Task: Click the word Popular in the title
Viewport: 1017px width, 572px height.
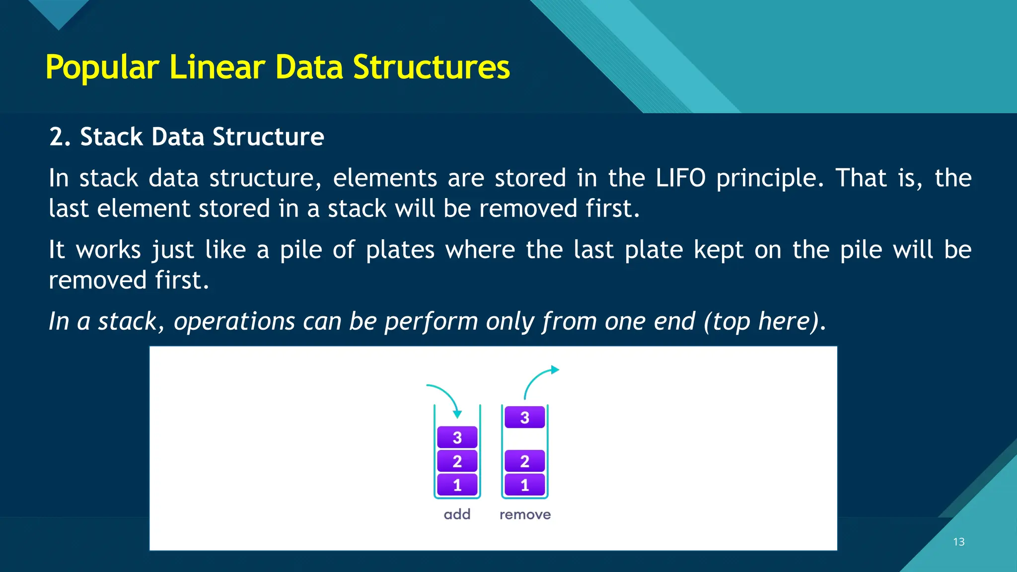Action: click(102, 68)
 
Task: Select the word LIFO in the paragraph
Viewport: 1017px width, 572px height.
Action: click(680, 178)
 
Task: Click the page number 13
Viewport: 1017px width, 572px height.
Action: click(958, 542)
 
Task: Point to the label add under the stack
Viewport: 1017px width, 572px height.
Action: click(457, 514)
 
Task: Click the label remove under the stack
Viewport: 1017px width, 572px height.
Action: click(525, 514)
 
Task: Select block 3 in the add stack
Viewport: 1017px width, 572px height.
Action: click(457, 437)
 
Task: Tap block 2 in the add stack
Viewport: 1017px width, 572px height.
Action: click(457, 461)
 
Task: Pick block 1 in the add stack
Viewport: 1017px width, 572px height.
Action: click(457, 485)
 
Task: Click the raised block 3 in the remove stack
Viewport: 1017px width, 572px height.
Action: click(524, 418)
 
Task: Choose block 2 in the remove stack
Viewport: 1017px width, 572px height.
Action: click(524, 461)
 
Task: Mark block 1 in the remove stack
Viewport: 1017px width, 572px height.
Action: click(524, 485)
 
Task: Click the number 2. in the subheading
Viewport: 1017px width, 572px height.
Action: click(60, 137)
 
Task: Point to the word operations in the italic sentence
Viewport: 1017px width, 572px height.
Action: click(234, 322)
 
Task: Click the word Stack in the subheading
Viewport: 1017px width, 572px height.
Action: click(111, 137)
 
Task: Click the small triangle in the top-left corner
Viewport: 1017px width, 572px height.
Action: click(59, 12)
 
